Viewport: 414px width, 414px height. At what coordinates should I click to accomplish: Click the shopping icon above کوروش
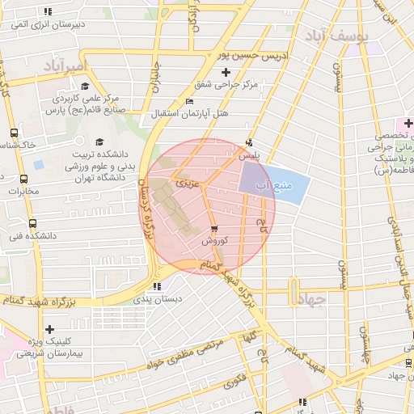coord(213,229)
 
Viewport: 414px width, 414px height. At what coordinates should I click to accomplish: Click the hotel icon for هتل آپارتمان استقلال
coord(189,101)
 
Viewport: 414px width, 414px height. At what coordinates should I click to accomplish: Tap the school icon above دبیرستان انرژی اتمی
coord(48,12)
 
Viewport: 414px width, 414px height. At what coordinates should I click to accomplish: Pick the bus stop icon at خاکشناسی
coord(13,133)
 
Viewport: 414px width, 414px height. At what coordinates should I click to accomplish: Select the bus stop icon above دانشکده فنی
coord(32,223)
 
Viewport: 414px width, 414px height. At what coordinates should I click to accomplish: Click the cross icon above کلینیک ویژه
coord(50,329)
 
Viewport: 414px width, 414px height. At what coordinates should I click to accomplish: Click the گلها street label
coord(250,334)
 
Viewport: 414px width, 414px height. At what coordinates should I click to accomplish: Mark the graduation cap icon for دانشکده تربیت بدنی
coord(99,141)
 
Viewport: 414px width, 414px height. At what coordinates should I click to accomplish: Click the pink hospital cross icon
coord(409,124)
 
